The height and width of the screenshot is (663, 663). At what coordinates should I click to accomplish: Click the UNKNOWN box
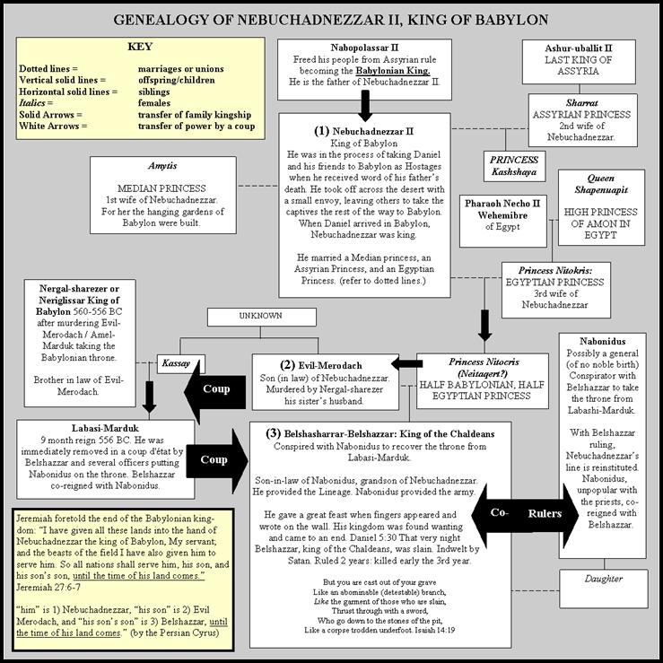[x=261, y=317]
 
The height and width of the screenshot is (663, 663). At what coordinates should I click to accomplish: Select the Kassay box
[x=180, y=363]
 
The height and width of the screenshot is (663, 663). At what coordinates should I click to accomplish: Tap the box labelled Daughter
[x=604, y=589]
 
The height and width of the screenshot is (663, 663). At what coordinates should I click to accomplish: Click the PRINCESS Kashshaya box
[x=514, y=166]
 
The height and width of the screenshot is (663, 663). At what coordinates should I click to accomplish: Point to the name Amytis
[x=162, y=166]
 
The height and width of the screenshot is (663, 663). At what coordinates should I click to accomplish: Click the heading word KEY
[x=140, y=47]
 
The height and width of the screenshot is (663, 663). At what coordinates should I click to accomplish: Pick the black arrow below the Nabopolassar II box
[x=365, y=106]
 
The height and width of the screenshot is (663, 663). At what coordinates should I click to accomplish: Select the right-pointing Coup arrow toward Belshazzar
[x=217, y=461]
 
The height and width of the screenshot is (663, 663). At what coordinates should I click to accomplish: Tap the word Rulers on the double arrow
[x=545, y=514]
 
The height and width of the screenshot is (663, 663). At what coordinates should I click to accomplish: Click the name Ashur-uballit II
[x=579, y=48]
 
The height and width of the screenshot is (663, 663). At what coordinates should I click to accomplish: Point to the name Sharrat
[x=582, y=103]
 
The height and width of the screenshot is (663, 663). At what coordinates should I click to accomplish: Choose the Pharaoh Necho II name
[x=502, y=204]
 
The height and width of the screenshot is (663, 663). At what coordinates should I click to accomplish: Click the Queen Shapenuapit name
[x=601, y=184]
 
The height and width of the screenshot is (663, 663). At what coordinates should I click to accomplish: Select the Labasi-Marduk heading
[x=105, y=428]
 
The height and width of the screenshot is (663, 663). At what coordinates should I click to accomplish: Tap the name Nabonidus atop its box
[x=603, y=341]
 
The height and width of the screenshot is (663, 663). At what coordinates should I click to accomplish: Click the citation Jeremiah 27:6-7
[x=48, y=588]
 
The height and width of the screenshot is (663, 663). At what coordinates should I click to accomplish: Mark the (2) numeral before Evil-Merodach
[x=287, y=365]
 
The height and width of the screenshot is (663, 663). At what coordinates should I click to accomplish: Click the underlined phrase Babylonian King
[x=393, y=71]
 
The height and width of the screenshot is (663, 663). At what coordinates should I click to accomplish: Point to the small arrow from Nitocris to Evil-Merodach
[x=406, y=363]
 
